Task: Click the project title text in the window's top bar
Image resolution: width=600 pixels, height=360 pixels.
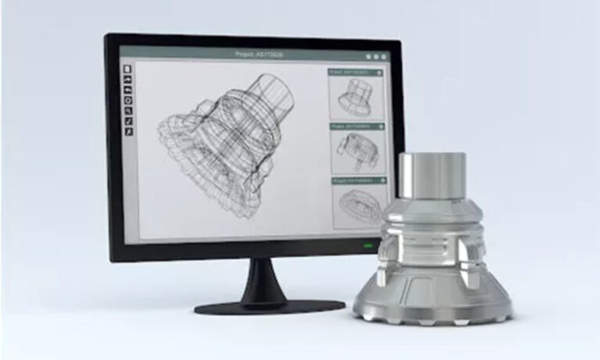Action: [259, 55]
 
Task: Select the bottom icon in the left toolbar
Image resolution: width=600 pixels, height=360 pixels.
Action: [128, 131]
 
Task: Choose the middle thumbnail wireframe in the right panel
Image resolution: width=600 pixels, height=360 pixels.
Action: [356, 151]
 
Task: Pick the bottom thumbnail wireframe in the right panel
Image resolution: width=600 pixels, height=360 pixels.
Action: [356, 205]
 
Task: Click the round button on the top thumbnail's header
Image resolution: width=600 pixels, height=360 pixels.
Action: [380, 72]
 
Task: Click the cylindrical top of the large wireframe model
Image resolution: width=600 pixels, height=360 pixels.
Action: [277, 90]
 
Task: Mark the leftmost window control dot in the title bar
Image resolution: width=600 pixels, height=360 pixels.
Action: [369, 56]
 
